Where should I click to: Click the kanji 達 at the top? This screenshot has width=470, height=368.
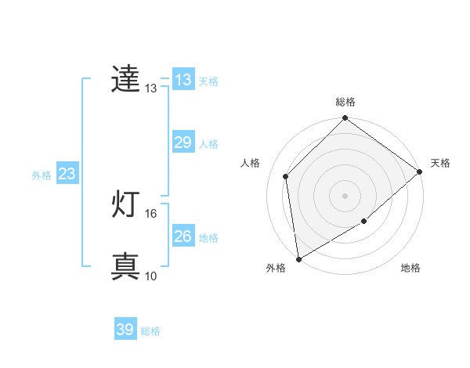(x=125, y=80)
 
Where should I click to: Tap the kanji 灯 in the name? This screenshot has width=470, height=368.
(x=125, y=205)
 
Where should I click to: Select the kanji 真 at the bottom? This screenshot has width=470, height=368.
(x=125, y=267)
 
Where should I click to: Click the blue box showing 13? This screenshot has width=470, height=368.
(x=183, y=80)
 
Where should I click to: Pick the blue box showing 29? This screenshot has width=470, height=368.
(x=183, y=143)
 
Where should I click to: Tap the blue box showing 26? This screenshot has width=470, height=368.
(x=183, y=236)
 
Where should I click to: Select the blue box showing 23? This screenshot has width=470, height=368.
(x=67, y=174)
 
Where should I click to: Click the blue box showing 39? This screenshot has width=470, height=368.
(x=125, y=330)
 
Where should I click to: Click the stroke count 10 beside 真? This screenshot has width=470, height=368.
(x=151, y=276)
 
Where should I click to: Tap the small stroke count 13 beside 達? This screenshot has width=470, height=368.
(x=151, y=88)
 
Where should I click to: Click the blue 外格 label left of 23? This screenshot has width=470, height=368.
(x=42, y=175)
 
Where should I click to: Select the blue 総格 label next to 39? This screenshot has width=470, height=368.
(x=150, y=331)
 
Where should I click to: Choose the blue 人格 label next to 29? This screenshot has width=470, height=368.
(x=208, y=144)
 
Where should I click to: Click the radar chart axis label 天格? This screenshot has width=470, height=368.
(x=440, y=163)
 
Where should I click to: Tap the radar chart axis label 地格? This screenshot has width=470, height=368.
(x=410, y=269)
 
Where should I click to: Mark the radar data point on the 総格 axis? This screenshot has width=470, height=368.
(x=345, y=119)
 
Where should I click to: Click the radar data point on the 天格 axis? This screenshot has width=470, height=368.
(x=420, y=171)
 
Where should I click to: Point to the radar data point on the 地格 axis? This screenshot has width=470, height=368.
(x=363, y=222)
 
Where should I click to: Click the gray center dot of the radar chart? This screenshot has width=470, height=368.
(x=345, y=196)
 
